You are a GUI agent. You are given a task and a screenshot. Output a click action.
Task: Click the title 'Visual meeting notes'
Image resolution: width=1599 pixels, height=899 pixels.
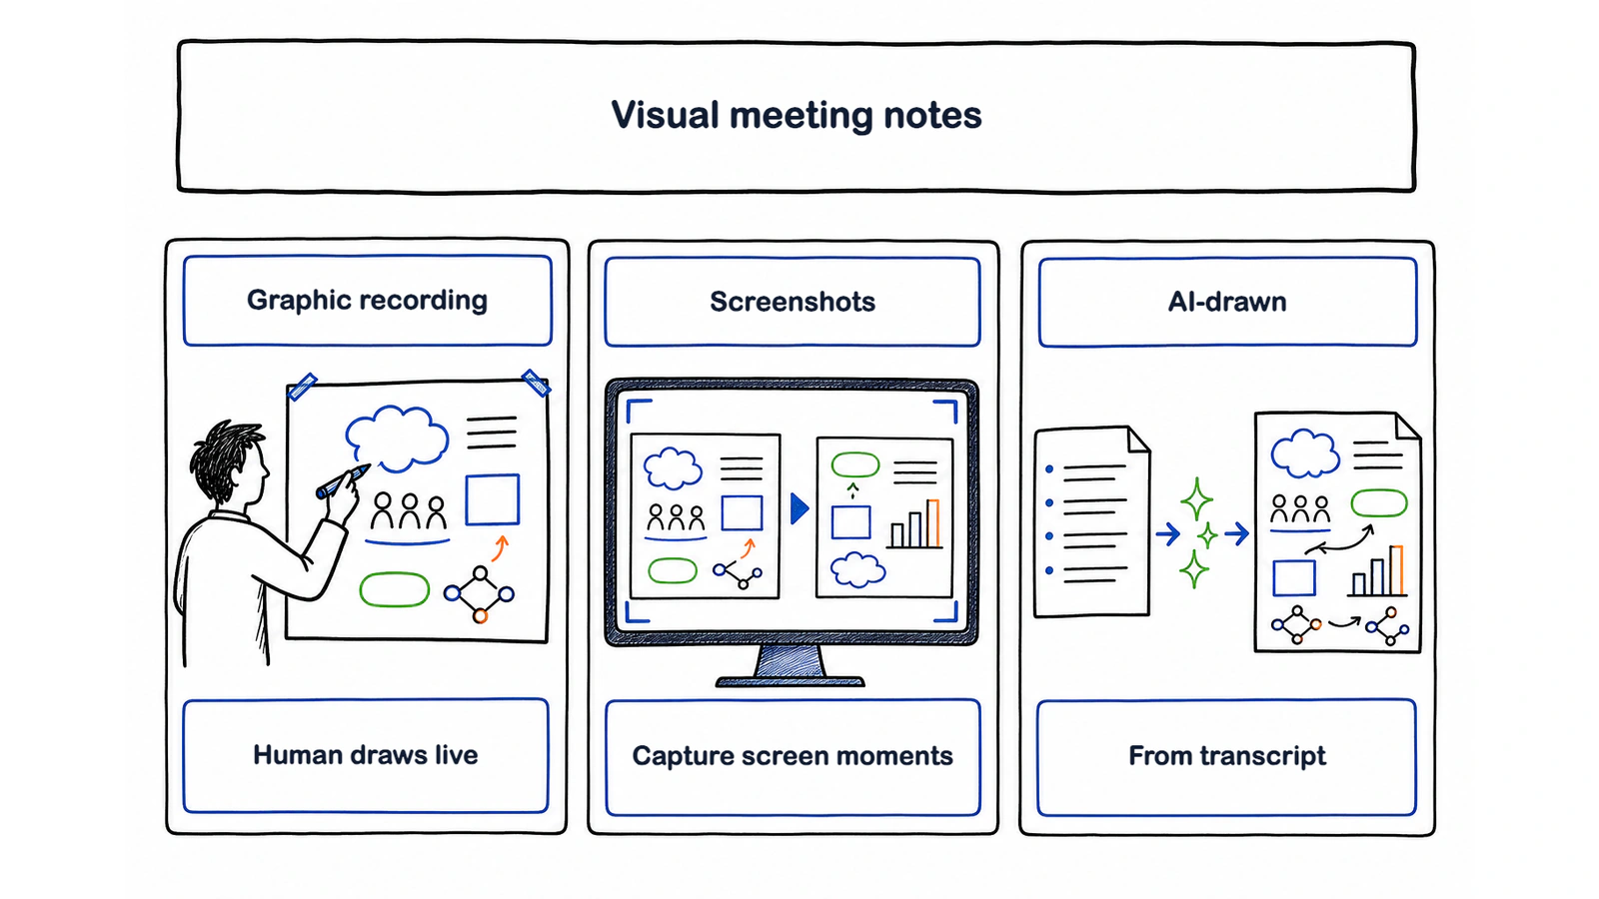(796, 115)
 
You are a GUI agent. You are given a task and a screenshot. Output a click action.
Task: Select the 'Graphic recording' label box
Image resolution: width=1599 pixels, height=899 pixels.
(368, 301)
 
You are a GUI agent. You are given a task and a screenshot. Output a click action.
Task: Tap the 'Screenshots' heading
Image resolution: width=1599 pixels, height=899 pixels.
(793, 302)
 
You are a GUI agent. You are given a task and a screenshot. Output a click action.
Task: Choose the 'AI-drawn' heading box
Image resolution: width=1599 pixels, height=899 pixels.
(1228, 302)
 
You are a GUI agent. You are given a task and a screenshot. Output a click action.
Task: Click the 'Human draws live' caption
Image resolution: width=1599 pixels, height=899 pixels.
(366, 755)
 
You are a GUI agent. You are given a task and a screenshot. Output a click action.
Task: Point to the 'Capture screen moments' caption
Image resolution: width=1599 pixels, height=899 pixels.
(793, 755)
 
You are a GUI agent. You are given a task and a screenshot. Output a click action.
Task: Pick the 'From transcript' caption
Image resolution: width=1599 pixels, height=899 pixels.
(1227, 755)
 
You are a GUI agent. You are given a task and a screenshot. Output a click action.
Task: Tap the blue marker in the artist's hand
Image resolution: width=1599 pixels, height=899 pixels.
(343, 481)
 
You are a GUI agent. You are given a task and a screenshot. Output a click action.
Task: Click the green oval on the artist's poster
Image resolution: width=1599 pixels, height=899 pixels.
(394, 590)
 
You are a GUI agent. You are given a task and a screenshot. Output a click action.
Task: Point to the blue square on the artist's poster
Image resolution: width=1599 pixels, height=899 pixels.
(493, 499)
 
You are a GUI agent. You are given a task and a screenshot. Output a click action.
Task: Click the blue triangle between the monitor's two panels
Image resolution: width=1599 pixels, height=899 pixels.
(799, 508)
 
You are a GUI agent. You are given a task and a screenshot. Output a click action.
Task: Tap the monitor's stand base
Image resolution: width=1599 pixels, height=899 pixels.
(791, 682)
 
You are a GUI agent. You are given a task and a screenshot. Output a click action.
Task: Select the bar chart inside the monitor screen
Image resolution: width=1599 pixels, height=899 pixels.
(915, 524)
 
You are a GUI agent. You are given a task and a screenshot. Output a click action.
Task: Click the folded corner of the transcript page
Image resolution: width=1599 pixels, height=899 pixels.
(1138, 439)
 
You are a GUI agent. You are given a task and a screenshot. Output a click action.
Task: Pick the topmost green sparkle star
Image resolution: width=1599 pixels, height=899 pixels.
(1197, 499)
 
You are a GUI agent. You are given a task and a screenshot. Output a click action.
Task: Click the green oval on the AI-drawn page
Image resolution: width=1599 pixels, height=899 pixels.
(1379, 503)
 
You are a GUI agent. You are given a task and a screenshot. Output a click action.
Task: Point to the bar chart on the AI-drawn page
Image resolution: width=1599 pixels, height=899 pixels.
(1378, 570)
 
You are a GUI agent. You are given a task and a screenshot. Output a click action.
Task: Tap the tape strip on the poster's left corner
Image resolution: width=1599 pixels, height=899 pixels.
(303, 386)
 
